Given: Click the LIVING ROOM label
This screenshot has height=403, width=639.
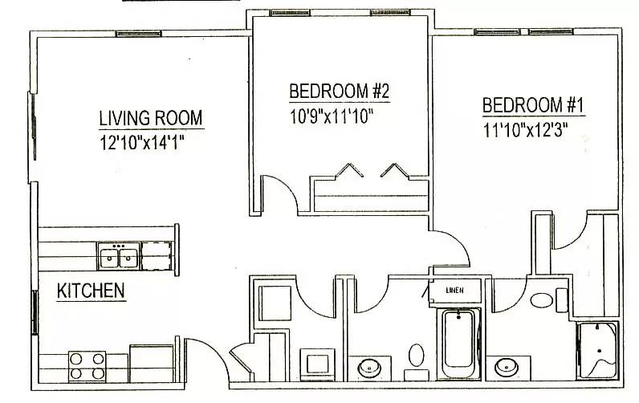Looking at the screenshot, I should [150, 118].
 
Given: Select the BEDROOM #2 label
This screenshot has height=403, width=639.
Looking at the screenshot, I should [339, 90].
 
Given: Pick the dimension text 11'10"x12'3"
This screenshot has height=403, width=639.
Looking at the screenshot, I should [526, 129].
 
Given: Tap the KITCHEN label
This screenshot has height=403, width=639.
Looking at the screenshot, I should [91, 291].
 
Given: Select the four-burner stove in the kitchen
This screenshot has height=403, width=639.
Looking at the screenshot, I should [88, 365].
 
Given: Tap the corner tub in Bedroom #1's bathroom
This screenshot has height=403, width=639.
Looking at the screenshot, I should [598, 351].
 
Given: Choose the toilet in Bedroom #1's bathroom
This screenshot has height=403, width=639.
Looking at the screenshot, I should [543, 301].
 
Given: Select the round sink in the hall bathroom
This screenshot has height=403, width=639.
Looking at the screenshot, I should [370, 368].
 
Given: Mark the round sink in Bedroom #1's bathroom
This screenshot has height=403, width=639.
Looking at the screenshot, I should [507, 367].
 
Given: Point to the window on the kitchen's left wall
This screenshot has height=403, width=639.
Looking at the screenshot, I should [34, 308].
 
